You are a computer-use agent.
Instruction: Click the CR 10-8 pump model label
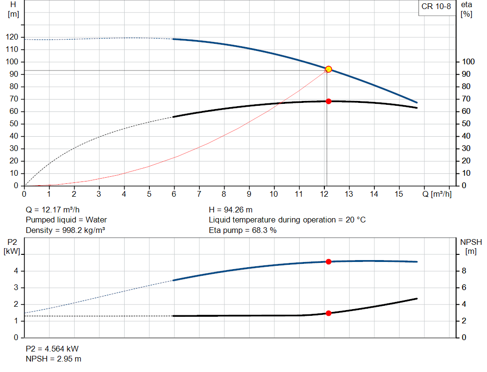point(436,7)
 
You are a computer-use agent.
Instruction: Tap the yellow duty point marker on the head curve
point(328,70)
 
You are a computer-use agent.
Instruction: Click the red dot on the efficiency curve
point(328,101)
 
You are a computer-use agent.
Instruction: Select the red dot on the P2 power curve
point(328,261)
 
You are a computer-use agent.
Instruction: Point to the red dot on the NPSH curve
point(328,313)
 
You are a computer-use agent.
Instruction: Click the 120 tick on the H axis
point(13,37)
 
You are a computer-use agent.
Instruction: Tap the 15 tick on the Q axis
point(399,194)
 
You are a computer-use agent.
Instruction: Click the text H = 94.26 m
point(232,210)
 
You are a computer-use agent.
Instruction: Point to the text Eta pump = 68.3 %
point(243,231)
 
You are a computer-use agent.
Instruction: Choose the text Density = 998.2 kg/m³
point(65,231)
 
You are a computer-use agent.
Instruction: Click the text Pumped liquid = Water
point(66,220)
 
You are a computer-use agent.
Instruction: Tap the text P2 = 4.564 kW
point(52,349)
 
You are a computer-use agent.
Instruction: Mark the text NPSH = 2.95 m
point(53,359)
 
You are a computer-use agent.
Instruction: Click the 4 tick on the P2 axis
point(16,271)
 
